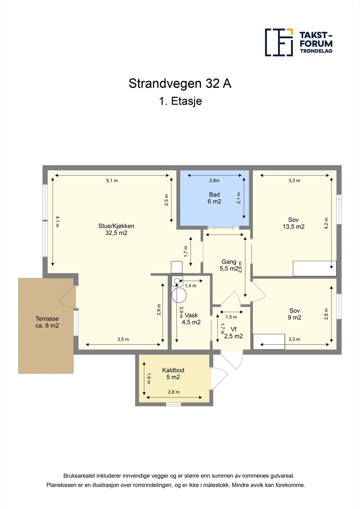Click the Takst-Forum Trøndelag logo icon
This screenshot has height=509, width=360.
(x=279, y=42)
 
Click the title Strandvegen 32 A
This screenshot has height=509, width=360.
(x=180, y=83)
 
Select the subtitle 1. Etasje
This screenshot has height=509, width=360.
(x=180, y=101)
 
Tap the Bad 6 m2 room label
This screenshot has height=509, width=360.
(x=214, y=198)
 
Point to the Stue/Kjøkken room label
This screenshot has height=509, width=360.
(x=116, y=229)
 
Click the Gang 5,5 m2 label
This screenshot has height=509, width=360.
(x=229, y=265)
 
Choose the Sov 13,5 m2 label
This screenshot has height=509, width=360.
(x=293, y=223)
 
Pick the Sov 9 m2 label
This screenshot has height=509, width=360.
(x=294, y=314)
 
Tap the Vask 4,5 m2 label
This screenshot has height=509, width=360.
(x=191, y=319)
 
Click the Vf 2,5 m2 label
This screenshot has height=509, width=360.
(x=234, y=333)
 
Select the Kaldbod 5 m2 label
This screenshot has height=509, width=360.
(x=173, y=374)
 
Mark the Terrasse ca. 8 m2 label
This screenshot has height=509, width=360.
(x=47, y=322)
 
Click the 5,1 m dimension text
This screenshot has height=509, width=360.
(x=112, y=181)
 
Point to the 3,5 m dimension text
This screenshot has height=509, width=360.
(x=123, y=339)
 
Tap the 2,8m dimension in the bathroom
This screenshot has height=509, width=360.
(x=214, y=181)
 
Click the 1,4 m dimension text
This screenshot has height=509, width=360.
(x=190, y=286)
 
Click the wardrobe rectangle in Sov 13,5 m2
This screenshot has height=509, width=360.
(x=314, y=268)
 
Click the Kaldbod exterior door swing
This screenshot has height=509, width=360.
(x=220, y=378)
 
